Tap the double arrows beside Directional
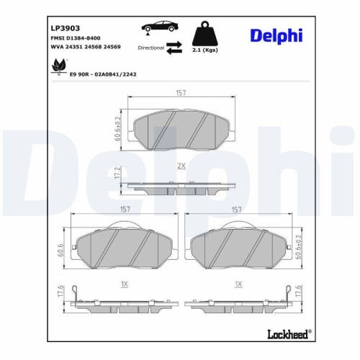[x=174, y=49]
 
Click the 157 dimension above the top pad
[x=182, y=92]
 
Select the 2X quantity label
[x=181, y=166]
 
